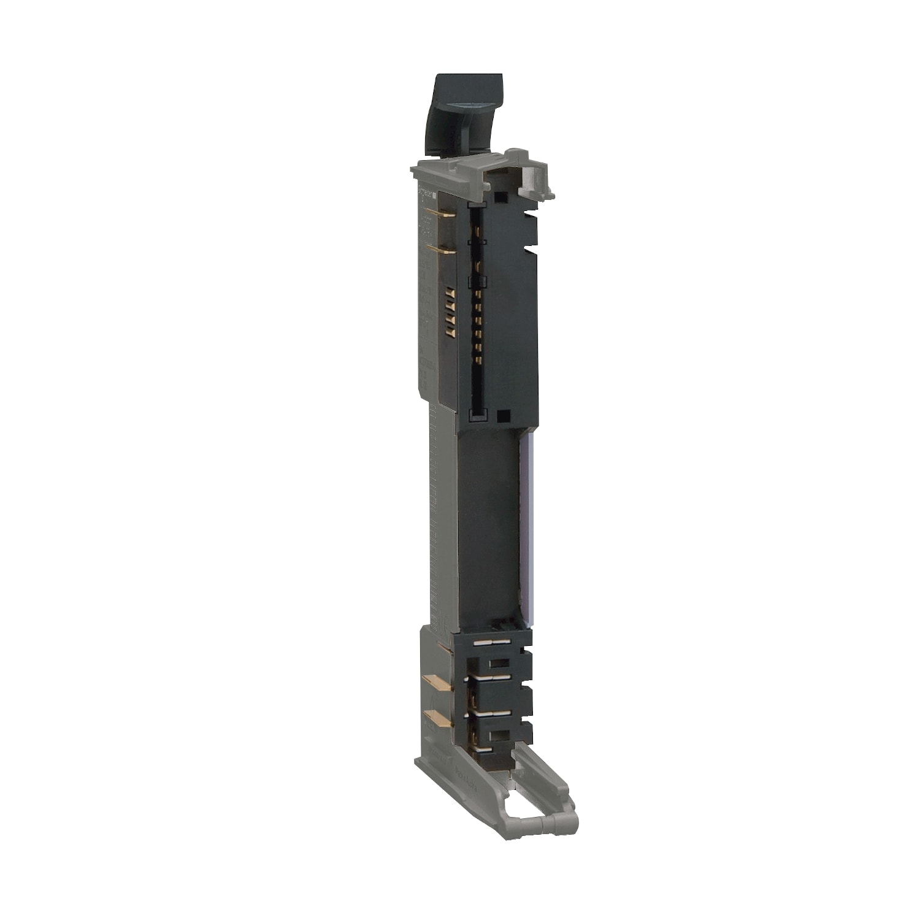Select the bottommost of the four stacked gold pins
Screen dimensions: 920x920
click(x=450, y=331)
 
